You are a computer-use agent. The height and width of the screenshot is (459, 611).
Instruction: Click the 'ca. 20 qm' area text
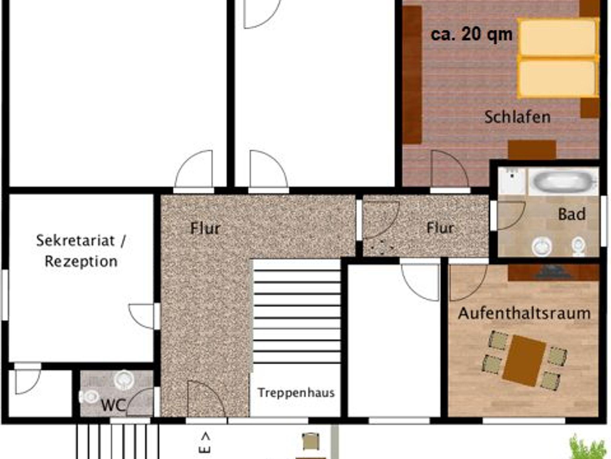click(x=471, y=34)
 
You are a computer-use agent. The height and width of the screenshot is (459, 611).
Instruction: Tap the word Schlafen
click(x=517, y=117)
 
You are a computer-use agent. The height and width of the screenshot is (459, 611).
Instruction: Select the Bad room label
click(x=572, y=214)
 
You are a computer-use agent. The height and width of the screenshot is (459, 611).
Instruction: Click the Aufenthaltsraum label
click(x=524, y=313)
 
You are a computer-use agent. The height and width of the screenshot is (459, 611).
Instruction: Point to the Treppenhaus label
click(x=296, y=392)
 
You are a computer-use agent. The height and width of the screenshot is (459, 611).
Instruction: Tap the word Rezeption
click(x=81, y=261)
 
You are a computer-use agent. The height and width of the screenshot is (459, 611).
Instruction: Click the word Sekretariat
click(x=75, y=241)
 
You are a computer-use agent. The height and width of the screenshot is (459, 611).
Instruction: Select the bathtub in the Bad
click(x=563, y=181)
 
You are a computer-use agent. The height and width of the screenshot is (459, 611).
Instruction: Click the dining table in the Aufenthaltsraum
click(x=524, y=361)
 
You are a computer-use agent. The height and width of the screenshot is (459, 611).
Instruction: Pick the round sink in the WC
click(x=124, y=380)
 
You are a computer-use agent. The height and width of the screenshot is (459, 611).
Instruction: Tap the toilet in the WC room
click(x=89, y=397)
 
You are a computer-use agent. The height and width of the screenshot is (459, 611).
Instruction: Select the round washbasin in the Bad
click(x=541, y=247)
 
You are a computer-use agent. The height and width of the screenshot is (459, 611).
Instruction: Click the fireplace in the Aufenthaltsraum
click(x=554, y=272)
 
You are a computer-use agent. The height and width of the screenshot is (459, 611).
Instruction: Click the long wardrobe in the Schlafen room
click(x=412, y=75)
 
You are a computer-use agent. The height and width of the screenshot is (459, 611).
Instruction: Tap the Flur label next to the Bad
click(x=440, y=228)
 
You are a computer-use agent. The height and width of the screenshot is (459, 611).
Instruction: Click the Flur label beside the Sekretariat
click(x=205, y=228)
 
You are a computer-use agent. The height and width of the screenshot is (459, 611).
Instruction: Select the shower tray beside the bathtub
click(x=512, y=181)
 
